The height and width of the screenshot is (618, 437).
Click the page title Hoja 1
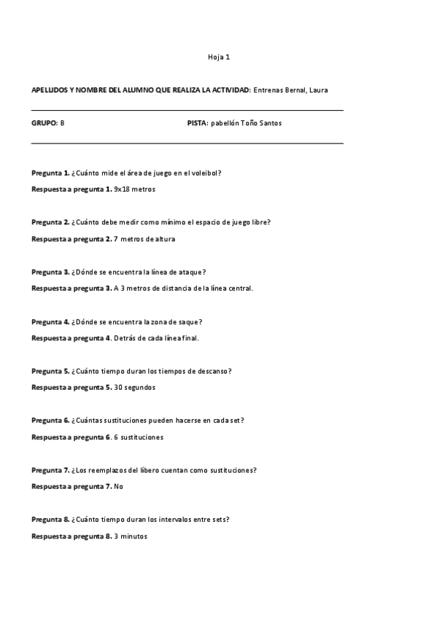pyautogui.click(x=219, y=56)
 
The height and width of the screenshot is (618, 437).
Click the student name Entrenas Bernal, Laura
pyautogui.click(x=290, y=90)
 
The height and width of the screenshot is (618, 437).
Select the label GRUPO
pyautogui.click(x=44, y=123)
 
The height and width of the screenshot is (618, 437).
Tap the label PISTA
pyautogui.click(x=197, y=123)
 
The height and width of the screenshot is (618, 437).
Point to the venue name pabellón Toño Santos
pyautogui.click(x=246, y=123)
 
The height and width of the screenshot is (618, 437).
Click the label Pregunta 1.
pyautogui.click(x=50, y=173)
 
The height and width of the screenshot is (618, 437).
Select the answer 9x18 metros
pyautogui.click(x=135, y=189)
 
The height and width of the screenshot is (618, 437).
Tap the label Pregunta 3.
pyautogui.click(x=50, y=272)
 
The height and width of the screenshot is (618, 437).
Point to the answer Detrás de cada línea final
pyautogui.click(x=156, y=338)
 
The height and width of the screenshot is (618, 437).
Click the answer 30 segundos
pyautogui.click(x=135, y=388)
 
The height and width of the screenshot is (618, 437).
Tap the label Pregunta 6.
pyautogui.click(x=50, y=421)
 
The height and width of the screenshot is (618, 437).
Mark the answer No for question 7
pyautogui.click(x=118, y=487)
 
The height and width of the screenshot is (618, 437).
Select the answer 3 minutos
pyautogui.click(x=131, y=536)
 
